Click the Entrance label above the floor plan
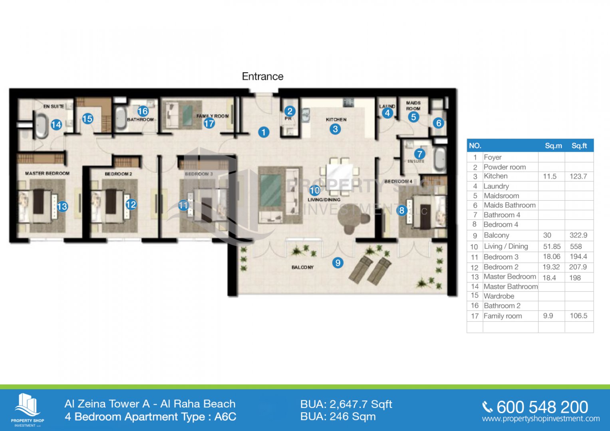click(x=262, y=77)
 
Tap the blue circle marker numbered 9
click(x=338, y=263)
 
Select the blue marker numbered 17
click(x=209, y=123)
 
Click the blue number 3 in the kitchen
click(x=335, y=129)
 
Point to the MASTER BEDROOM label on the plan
click(x=47, y=174)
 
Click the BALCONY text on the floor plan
click(x=302, y=267)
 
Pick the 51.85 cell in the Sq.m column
click(x=552, y=247)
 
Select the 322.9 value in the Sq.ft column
click(x=578, y=235)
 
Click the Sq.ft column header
click(x=579, y=146)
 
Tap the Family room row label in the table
click(x=503, y=316)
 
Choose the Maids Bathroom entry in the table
click(x=509, y=205)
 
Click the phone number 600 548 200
click(x=542, y=407)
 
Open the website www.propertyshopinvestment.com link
click(x=540, y=419)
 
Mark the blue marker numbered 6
click(x=439, y=123)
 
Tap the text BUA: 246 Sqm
click(x=338, y=417)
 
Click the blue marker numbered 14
click(x=56, y=125)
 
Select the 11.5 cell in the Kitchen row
click(x=550, y=176)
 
